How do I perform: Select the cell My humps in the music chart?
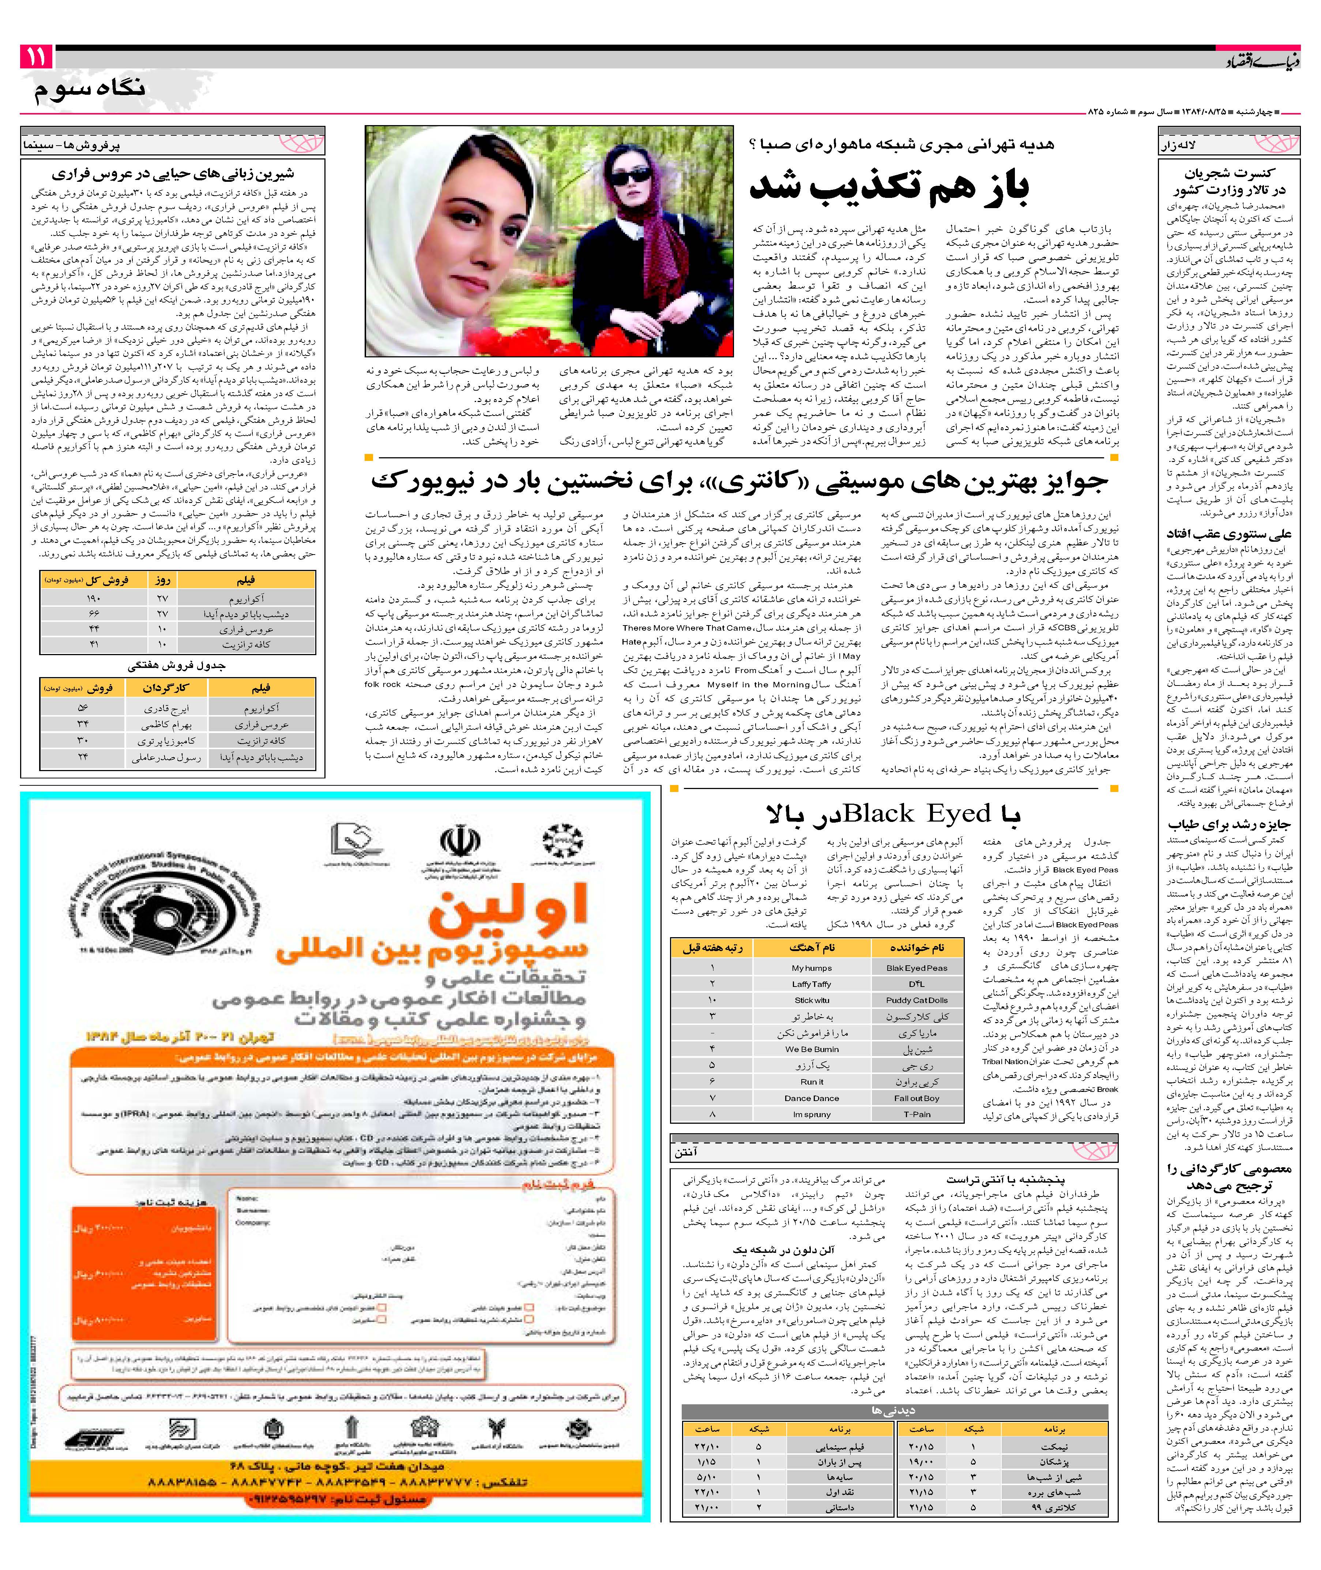pyautogui.click(x=812, y=968)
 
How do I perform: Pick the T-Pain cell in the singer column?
pyautogui.click(x=917, y=1114)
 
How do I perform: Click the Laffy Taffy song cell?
pyautogui.click(x=812, y=984)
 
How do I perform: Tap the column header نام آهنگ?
pyautogui.click(x=812, y=947)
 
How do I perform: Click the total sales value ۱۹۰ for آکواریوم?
pyautogui.click(x=94, y=598)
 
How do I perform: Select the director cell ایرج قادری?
pyautogui.click(x=166, y=708)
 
